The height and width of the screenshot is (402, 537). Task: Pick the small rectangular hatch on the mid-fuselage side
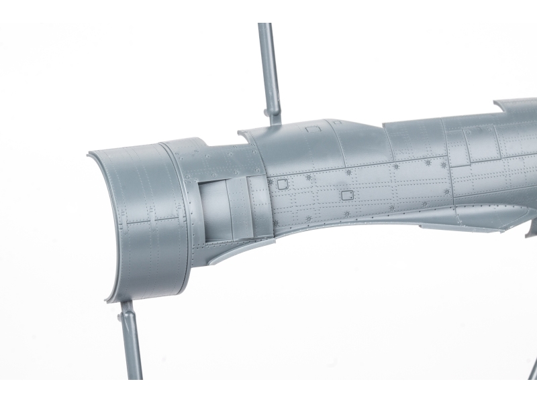coord(347,195)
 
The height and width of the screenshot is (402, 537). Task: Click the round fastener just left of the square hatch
coord(270,181)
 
